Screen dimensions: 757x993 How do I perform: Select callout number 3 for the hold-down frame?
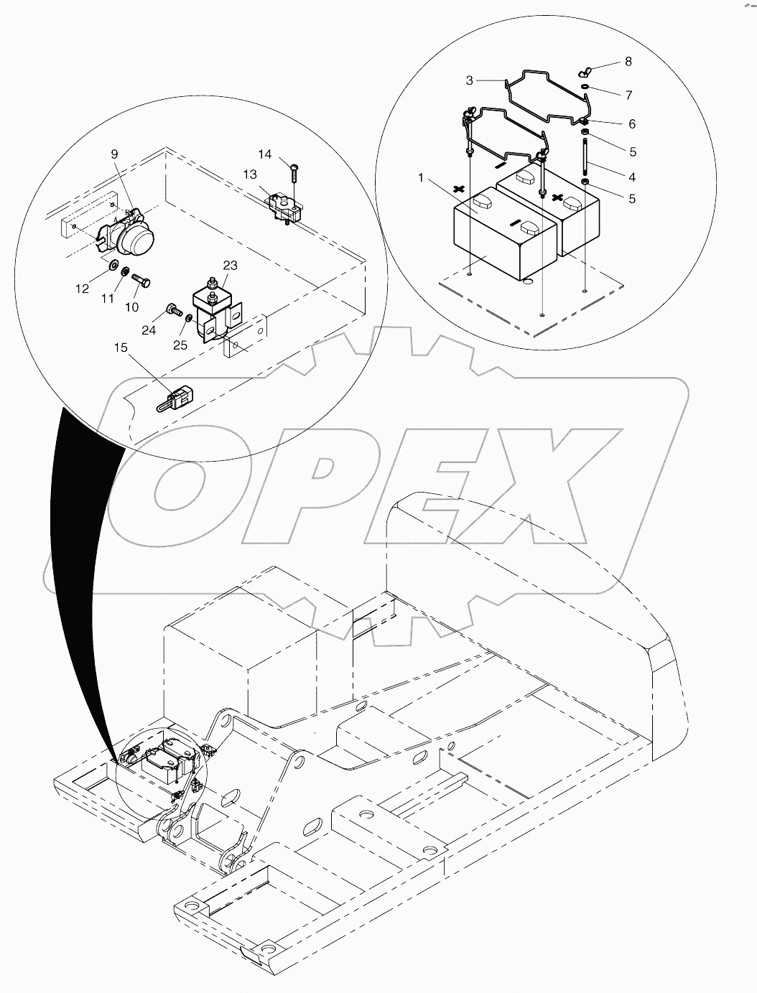pyautogui.click(x=470, y=80)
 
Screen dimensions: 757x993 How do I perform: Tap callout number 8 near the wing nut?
pyautogui.click(x=628, y=62)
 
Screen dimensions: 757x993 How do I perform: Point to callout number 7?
pyautogui.click(x=628, y=95)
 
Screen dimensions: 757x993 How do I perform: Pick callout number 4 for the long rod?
pyautogui.click(x=631, y=177)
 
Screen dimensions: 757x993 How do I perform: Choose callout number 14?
pyautogui.click(x=265, y=154)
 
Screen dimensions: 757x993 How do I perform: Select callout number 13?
pyautogui.click(x=250, y=174)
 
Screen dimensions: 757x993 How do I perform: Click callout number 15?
pyautogui.click(x=120, y=348)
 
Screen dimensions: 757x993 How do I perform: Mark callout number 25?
pyautogui.click(x=180, y=345)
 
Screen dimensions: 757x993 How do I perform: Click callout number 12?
pyautogui.click(x=83, y=289)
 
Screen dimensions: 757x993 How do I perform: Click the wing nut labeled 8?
pyautogui.click(x=585, y=73)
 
